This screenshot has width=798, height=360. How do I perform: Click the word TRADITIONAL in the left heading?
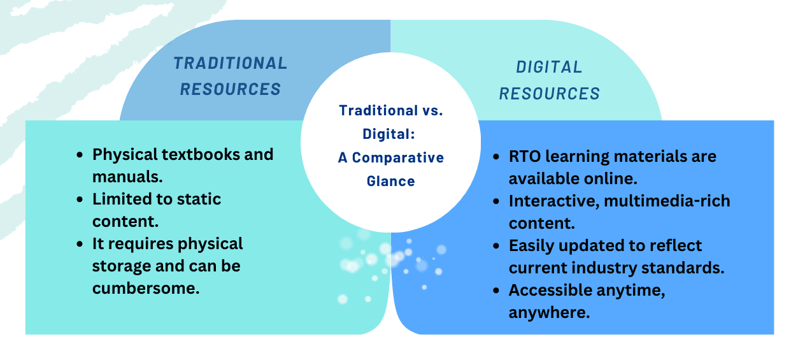(x=231, y=64)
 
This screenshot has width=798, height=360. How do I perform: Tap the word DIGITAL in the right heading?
(x=549, y=67)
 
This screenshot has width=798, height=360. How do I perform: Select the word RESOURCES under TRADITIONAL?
(x=231, y=89)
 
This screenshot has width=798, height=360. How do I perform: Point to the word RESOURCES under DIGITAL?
(x=550, y=94)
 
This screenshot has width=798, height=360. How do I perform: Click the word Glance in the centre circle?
(x=391, y=181)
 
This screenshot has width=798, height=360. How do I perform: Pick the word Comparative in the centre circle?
(x=398, y=157)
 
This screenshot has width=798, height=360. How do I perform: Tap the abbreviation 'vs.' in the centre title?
(x=432, y=110)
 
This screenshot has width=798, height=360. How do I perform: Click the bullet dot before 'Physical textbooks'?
(x=80, y=155)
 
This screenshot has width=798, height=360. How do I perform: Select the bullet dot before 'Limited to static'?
(x=80, y=199)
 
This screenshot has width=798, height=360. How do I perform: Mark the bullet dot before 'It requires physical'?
(x=80, y=244)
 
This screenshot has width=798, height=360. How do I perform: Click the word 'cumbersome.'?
(x=146, y=288)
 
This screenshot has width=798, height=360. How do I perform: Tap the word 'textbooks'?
(x=201, y=154)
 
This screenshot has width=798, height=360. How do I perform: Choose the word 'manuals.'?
(x=127, y=176)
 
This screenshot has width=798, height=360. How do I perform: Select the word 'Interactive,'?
(x=554, y=201)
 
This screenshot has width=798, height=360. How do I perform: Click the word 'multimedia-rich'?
(x=667, y=201)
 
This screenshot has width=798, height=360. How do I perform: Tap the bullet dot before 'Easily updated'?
(x=496, y=246)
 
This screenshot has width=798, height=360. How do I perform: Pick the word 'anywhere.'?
(x=550, y=313)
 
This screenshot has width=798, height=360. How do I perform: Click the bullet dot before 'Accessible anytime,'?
(x=496, y=291)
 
